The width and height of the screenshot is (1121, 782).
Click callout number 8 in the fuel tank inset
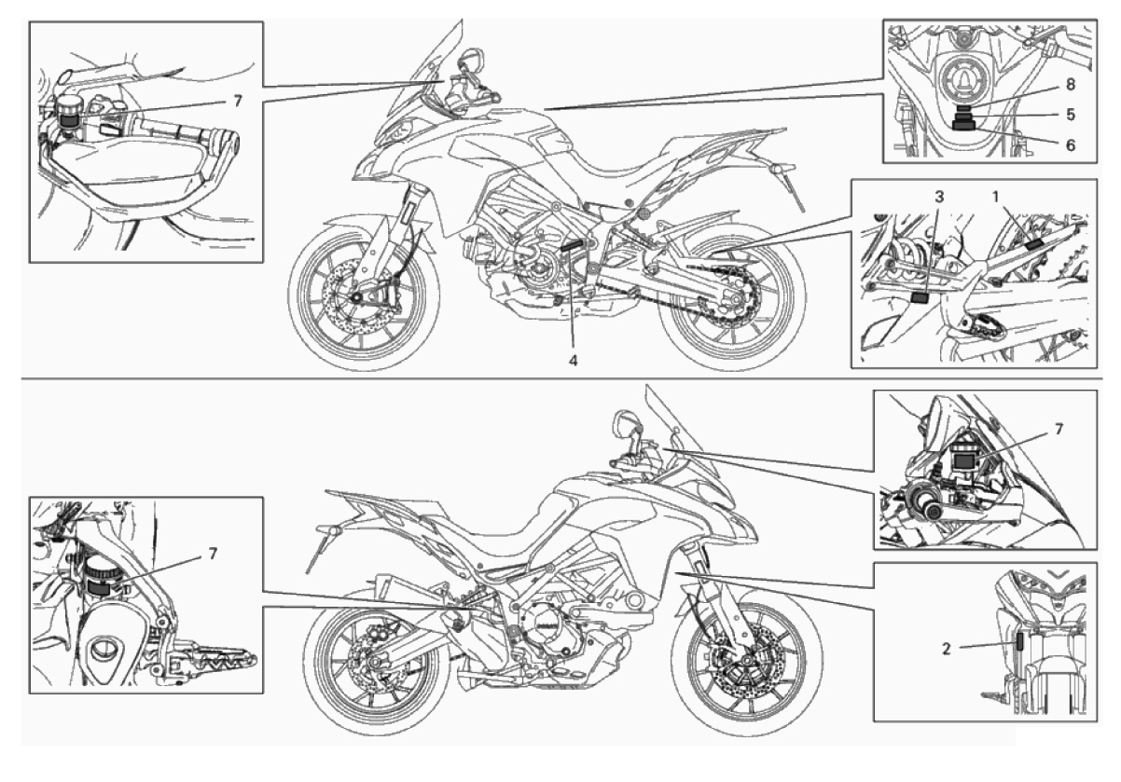click(1071, 85)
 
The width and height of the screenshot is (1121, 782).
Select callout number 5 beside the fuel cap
click(1071, 115)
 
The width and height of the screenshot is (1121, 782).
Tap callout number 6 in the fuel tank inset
click(1071, 145)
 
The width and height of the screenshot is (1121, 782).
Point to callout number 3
click(939, 197)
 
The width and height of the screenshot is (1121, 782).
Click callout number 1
click(995, 197)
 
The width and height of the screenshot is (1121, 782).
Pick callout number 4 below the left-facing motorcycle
click(573, 360)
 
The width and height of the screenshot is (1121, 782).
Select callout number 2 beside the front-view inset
click(946, 649)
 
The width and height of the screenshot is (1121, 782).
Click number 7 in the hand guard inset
click(237, 102)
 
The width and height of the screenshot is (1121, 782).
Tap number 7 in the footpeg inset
click(213, 554)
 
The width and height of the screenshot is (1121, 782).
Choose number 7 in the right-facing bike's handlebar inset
click(1059, 429)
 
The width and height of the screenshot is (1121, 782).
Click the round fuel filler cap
click(962, 78)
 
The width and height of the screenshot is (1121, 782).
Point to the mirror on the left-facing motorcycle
click(471, 61)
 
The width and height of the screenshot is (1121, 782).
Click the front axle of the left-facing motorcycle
click(357, 298)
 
